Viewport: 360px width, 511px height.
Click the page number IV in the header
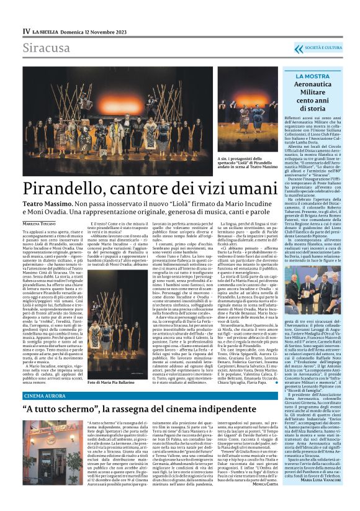[x=26, y=30]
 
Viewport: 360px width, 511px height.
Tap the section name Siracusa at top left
[x=47, y=48]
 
